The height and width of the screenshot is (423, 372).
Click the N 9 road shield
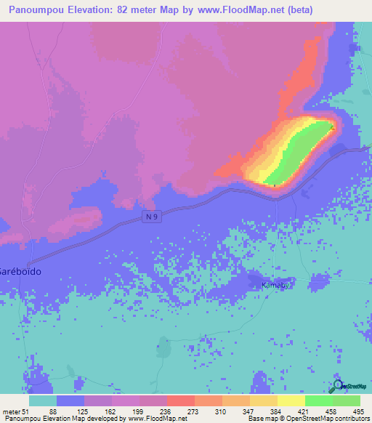pyautogui.click(x=150, y=218)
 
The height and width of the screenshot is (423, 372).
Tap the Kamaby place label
pyautogui.click(x=275, y=286)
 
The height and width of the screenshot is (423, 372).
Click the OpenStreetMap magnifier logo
pyautogui.click(x=337, y=386)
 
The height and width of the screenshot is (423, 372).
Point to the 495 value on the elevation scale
pyautogui.click(x=359, y=411)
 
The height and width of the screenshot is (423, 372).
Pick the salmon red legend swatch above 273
pyautogui.click(x=180, y=400)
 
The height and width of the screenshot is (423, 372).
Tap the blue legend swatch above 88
pyautogui.click(x=70, y=400)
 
